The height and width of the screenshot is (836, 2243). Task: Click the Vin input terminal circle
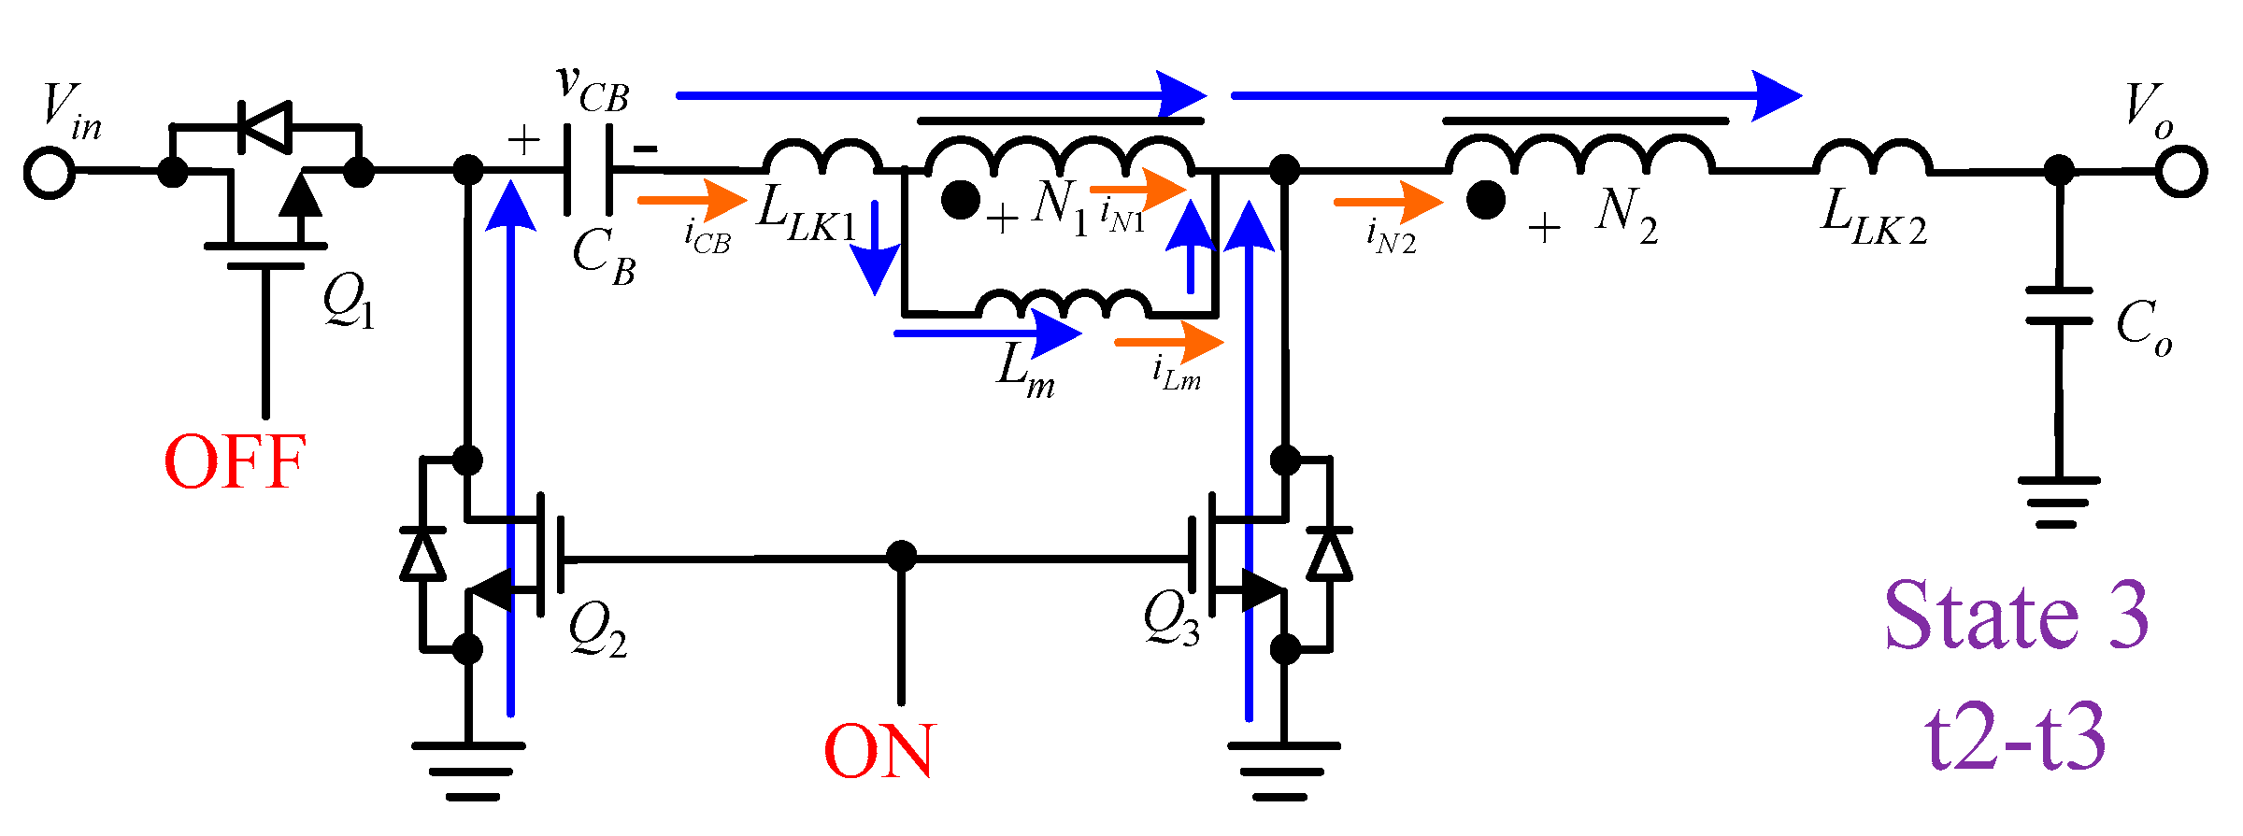[49, 173]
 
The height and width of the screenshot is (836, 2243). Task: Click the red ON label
[878, 751]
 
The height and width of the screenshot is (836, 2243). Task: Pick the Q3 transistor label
[1170, 618]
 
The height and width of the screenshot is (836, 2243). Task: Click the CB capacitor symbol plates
[588, 171]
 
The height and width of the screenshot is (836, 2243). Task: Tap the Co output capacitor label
[2143, 327]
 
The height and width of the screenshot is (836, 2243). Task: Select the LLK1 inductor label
[806, 215]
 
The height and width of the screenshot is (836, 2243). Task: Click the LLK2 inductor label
[1873, 218]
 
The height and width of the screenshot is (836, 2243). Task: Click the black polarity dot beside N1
[960, 200]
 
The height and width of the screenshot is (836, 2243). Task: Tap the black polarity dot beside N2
[1485, 200]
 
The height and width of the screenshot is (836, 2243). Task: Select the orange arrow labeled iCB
[692, 200]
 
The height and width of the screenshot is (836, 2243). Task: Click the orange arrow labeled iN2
[1388, 201]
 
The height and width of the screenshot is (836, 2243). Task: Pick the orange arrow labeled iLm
[1168, 342]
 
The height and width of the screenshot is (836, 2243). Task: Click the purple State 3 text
[2016, 616]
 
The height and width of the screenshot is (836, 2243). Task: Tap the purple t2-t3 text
[2016, 738]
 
